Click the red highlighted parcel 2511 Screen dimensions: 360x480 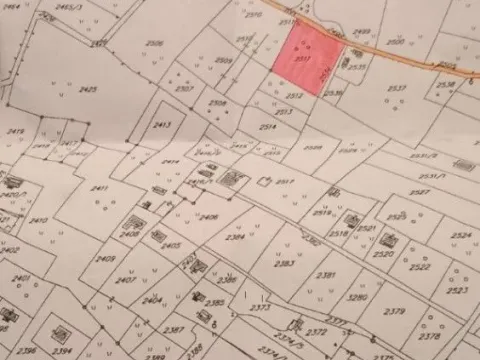[304, 60]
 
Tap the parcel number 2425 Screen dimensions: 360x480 [88, 89]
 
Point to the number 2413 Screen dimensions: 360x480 [163, 125]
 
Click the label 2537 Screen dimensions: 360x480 [397, 88]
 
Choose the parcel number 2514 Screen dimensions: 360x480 [268, 127]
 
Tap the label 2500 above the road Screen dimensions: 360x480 [396, 42]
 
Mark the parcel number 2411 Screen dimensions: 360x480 [99, 188]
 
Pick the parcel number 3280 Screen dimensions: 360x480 [357, 297]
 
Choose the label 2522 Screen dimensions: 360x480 [422, 268]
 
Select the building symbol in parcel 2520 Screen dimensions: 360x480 [389, 240]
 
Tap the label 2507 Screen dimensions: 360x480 [184, 88]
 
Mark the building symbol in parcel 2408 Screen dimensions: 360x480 [133, 223]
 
